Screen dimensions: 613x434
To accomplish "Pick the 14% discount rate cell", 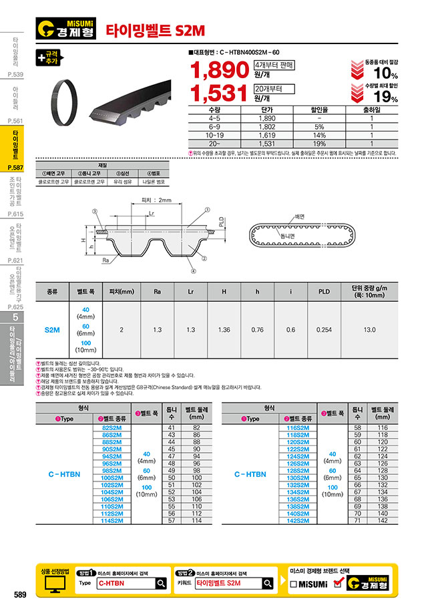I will [x=319, y=134].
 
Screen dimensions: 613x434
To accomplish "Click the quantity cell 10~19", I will [x=214, y=134].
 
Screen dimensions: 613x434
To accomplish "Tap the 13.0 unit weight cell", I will [x=369, y=330].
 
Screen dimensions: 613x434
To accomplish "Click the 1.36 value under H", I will [x=224, y=330].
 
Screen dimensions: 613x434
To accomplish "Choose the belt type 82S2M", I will [x=112, y=427].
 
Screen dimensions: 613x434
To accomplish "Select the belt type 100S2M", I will [x=112, y=478].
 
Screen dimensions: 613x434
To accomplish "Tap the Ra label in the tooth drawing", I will [x=106, y=262].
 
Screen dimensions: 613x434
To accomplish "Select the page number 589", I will [x=19, y=595].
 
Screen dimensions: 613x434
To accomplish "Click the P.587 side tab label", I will [x=15, y=168].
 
